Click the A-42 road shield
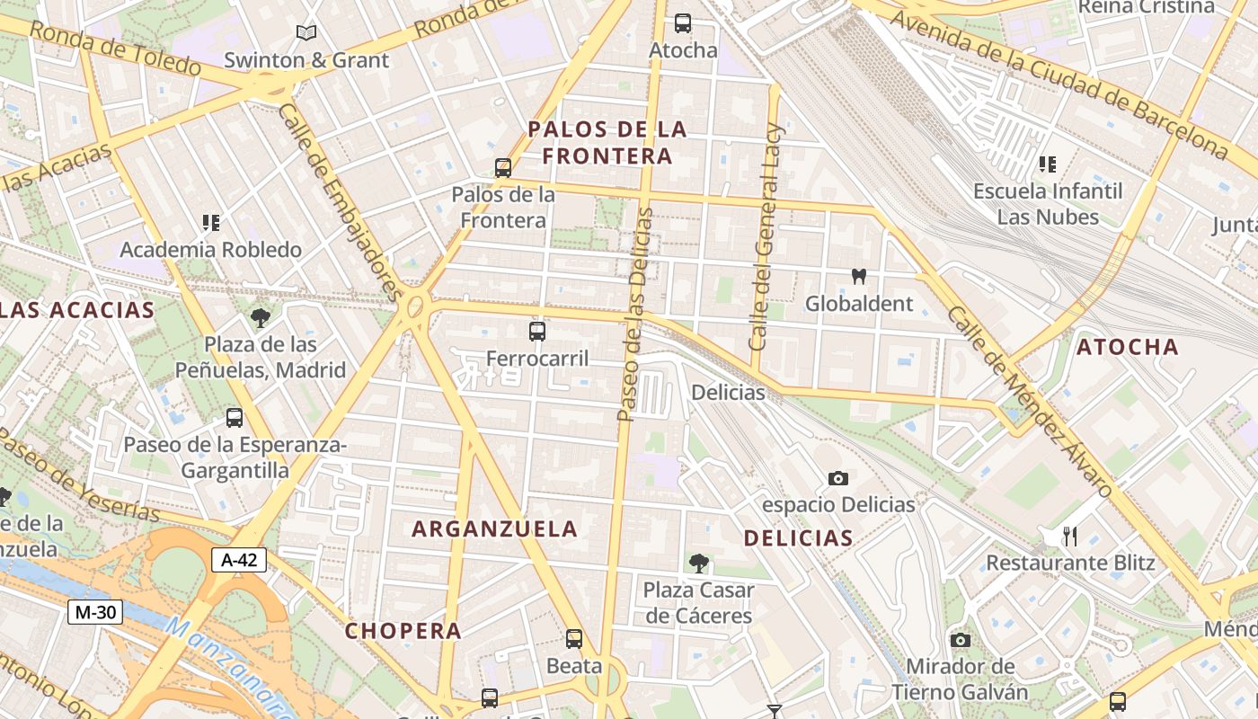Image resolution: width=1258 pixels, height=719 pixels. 239,561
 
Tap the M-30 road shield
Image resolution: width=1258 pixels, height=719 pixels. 94,613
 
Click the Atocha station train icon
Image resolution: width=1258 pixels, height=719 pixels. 683,23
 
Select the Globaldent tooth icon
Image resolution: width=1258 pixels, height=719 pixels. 858,277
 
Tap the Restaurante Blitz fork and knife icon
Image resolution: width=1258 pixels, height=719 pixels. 1069,537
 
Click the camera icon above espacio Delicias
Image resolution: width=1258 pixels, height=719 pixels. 837,478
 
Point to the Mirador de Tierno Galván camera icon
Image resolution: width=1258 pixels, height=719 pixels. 960,640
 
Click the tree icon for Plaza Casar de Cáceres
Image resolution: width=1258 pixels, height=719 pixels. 698,564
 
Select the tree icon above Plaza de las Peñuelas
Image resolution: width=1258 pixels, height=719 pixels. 261,317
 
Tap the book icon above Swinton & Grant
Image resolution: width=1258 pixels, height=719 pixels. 306,33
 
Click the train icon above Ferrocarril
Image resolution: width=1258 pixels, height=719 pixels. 537,332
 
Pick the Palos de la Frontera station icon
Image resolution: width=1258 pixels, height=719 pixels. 503,167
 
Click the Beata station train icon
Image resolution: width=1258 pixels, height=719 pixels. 574,639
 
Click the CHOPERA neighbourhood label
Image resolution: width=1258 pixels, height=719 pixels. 403,631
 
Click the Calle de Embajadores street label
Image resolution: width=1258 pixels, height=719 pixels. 341,202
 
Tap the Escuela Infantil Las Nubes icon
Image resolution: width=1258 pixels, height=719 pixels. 1048,164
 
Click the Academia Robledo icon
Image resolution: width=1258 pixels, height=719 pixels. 211,223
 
